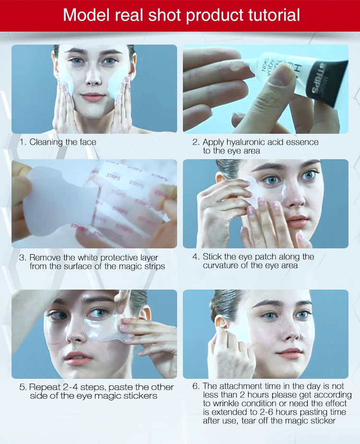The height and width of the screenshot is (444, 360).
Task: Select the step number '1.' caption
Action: pos(23,142)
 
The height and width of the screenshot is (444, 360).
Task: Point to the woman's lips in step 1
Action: pos(92,98)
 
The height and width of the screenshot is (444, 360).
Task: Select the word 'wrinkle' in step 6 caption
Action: pos(227,404)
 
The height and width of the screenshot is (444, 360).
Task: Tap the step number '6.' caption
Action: pos(196,386)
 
